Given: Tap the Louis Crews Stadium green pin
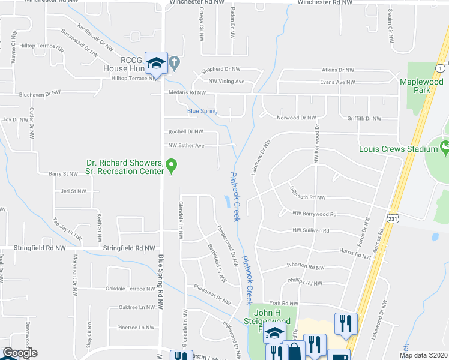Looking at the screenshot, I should click(444, 147).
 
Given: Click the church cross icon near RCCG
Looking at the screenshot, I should click(173, 61).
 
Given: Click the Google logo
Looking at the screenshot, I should click(19, 353).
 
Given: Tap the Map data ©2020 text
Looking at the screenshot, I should click(423, 355).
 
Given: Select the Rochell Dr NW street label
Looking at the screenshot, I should click(185, 131).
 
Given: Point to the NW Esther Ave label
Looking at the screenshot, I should click(186, 145).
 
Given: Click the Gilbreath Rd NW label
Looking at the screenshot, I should click(307, 197).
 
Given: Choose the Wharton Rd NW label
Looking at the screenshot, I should click(306, 267).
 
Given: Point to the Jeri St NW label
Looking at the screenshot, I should click(73, 191).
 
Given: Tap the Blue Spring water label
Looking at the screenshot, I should click(202, 111).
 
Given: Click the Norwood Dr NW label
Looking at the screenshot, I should click(295, 118).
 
